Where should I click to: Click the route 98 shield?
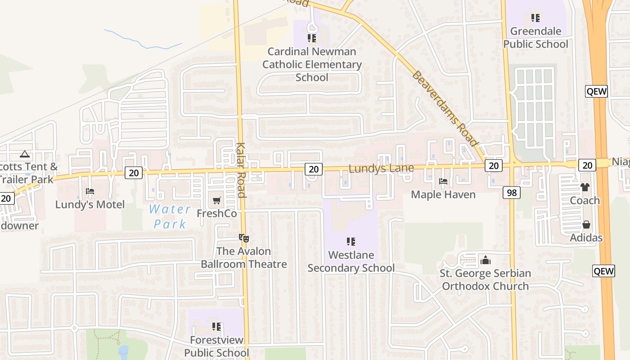pyautogui.click(x=512, y=193)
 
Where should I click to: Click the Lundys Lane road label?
pyautogui.click(x=381, y=169)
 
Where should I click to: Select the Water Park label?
pyautogui.click(x=170, y=216)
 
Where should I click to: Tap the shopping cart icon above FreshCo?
pyautogui.click(x=217, y=200)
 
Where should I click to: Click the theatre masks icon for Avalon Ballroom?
pyautogui.click(x=244, y=238)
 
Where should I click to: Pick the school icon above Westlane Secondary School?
pyautogui.click(x=351, y=242)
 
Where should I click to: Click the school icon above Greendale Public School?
pyautogui.click(x=535, y=18)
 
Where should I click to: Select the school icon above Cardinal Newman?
pyautogui.click(x=312, y=38)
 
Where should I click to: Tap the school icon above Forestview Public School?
pyautogui.click(x=216, y=326)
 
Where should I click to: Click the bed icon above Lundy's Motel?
pyautogui.click(x=90, y=191)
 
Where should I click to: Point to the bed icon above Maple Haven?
pyautogui.click(x=443, y=181)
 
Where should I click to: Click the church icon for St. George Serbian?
pyautogui.click(x=485, y=260)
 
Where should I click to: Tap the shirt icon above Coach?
pyautogui.click(x=585, y=187)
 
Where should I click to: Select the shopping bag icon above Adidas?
pyautogui.click(x=586, y=224)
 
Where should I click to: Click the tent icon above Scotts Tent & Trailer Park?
pyautogui.click(x=25, y=154)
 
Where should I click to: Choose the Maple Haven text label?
pyautogui.click(x=443, y=194)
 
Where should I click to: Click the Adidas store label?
pyautogui.click(x=586, y=238)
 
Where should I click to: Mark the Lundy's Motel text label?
pyautogui.click(x=90, y=205)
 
